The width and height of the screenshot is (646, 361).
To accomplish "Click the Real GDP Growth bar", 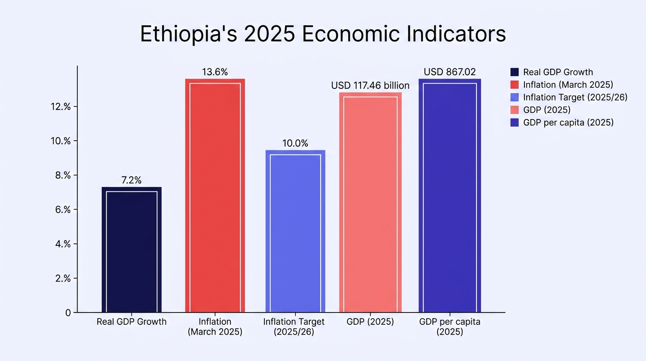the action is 131,250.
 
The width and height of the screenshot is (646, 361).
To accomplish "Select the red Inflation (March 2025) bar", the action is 215,196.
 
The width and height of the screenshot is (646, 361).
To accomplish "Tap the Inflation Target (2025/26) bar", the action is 295,231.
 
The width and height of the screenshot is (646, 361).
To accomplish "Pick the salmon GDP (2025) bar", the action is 370,202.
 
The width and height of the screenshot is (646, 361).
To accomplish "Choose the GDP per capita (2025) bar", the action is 450,196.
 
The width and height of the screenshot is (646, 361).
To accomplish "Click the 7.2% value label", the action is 131,180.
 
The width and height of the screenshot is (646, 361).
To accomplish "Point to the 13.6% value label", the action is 215,72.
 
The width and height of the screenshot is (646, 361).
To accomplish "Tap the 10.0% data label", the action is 295,143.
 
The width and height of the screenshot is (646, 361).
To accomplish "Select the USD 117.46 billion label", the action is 370,86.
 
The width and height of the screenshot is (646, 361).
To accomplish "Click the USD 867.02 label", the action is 450,72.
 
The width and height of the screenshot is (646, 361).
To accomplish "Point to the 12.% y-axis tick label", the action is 61,107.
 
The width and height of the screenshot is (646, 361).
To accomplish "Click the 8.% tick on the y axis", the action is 63,175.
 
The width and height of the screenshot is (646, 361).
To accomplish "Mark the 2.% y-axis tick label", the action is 63,278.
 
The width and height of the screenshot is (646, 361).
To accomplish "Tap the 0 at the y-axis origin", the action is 68,313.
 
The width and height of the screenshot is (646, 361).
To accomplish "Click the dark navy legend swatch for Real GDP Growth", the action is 515,72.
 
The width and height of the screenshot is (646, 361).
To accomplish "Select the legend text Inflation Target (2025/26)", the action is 576,97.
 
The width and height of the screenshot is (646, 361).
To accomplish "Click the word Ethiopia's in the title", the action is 189,34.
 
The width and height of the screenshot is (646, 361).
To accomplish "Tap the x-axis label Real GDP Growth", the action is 131,322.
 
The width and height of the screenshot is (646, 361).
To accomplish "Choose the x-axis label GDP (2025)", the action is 370,322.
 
